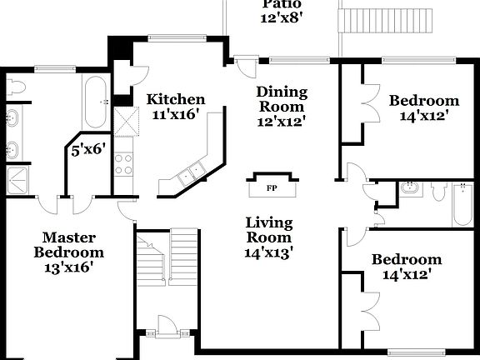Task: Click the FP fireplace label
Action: coord(271,187)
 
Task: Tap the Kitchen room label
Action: coord(176,99)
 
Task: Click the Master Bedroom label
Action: coord(69,245)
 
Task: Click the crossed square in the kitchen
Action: coord(125,122)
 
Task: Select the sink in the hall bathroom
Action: coord(408,189)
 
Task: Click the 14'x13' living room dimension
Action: coord(268,248)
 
